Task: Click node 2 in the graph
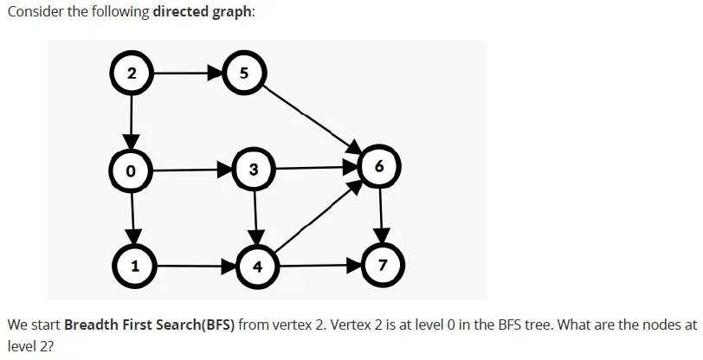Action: coord(132,73)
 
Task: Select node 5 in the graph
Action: coord(244,72)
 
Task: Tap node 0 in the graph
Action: coord(131,170)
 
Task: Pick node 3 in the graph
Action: coord(255,170)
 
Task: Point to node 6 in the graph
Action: coord(379,167)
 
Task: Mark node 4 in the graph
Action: coord(257,267)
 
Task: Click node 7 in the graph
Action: coord(382,266)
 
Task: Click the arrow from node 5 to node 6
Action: coord(312,119)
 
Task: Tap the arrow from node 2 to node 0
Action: coord(132,121)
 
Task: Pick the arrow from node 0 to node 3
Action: coord(193,170)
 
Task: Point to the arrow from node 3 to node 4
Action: coord(255,218)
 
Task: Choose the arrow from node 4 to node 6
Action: coord(318,216)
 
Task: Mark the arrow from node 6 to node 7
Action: coord(381,215)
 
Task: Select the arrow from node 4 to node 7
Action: coord(319,266)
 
